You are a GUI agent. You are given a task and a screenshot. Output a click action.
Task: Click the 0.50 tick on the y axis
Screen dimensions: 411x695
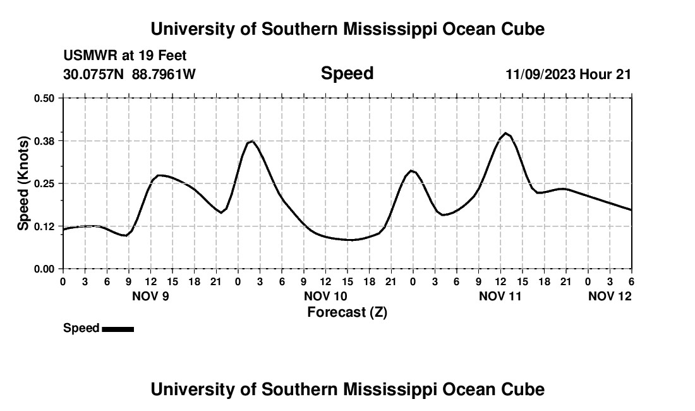click(45, 98)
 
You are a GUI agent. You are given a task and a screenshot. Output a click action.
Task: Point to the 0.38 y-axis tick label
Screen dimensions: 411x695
click(45, 140)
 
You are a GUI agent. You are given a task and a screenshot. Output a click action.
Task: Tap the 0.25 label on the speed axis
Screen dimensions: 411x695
click(45, 183)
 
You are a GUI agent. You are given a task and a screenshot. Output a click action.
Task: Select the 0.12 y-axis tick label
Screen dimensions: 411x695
click(45, 226)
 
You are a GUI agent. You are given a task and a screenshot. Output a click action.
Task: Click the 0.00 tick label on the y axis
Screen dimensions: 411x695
click(45, 269)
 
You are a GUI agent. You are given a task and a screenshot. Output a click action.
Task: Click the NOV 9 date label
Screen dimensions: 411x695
click(150, 296)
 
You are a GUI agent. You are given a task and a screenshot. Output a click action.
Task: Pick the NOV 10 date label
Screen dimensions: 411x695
click(325, 296)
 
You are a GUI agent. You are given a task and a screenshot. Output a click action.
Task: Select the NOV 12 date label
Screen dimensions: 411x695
click(609, 296)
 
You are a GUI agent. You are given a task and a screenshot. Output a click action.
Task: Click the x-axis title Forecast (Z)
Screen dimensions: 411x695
click(347, 312)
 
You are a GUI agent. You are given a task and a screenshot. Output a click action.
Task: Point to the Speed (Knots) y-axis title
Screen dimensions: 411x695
click(23, 183)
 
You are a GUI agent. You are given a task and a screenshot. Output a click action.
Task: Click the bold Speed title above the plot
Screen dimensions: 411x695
click(347, 73)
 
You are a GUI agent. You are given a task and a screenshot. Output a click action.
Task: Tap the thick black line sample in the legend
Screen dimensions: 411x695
click(118, 329)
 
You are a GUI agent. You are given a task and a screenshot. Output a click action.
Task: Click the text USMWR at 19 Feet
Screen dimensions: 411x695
click(125, 56)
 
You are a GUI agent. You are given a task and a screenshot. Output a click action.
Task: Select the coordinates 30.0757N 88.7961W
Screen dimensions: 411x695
click(130, 74)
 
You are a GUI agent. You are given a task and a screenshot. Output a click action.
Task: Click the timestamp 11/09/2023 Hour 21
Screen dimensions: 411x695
click(568, 74)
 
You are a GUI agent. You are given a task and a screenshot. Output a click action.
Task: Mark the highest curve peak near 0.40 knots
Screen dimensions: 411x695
click(506, 133)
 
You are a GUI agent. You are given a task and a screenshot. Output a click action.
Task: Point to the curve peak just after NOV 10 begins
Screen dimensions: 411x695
click(252, 141)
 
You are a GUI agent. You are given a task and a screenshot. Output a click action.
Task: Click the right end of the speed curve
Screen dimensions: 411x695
click(631, 210)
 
